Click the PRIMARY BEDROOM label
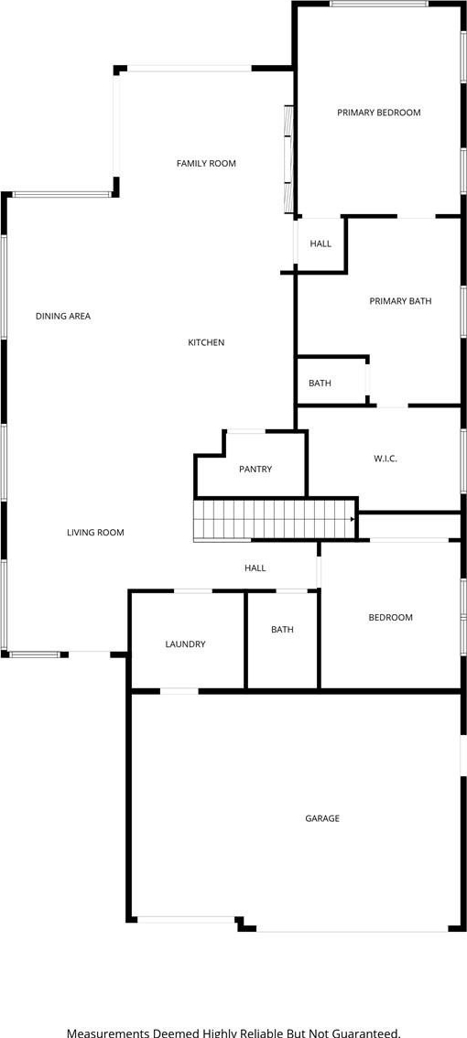click(x=379, y=113)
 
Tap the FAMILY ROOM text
click(x=206, y=164)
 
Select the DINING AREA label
click(x=63, y=317)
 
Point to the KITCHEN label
click(x=206, y=342)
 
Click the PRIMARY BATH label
click(x=400, y=301)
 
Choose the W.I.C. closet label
click(x=385, y=459)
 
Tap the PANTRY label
click(x=255, y=470)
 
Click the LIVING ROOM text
click(x=95, y=532)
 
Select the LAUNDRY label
click(x=185, y=644)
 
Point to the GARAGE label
click(x=322, y=819)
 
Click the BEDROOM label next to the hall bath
click(x=390, y=618)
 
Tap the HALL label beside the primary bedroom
click(x=320, y=244)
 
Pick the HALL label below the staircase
click(x=255, y=568)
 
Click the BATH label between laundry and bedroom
click(x=282, y=630)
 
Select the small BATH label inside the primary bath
click(x=320, y=384)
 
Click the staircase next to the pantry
click(x=274, y=520)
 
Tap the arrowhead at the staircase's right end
click(x=353, y=520)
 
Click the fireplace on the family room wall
click(x=288, y=159)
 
